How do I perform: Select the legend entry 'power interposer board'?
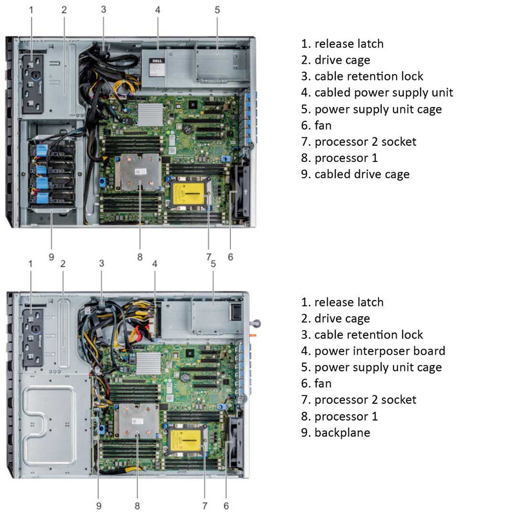(379, 351)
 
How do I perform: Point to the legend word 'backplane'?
(342, 432)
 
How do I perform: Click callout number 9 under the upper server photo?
(51, 257)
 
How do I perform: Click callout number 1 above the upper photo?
(31, 9)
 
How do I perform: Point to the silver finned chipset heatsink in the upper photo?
(150, 115)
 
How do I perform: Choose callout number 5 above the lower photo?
(213, 263)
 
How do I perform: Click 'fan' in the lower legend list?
(322, 383)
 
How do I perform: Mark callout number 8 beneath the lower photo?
(137, 506)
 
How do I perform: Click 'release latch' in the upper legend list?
(348, 44)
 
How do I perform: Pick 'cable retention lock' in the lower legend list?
(368, 335)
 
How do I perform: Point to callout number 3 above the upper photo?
(103, 9)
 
